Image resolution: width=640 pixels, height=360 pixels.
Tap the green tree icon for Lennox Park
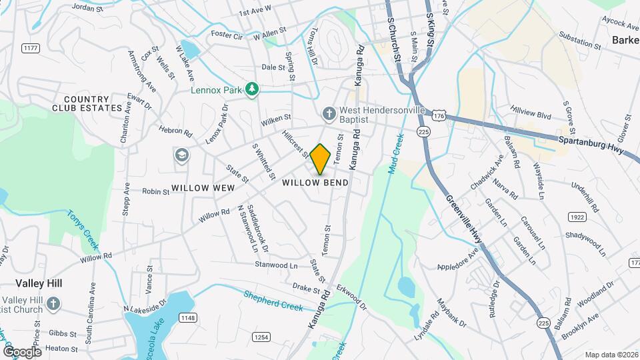(251, 89)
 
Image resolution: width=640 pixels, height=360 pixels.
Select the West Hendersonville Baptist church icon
(328, 114)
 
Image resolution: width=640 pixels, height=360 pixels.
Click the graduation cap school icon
(181, 155)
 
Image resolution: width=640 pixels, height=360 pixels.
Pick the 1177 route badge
(29, 48)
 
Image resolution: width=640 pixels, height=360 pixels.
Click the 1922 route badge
(577, 217)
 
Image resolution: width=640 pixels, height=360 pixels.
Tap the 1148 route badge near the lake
(187, 318)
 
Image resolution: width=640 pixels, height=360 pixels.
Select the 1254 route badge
(261, 337)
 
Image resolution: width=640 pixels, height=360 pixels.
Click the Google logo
(22, 351)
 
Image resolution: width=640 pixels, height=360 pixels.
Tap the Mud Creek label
(395, 153)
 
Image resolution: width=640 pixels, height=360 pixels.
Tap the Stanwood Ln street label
(276, 265)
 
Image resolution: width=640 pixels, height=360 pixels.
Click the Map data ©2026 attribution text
(611, 355)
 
